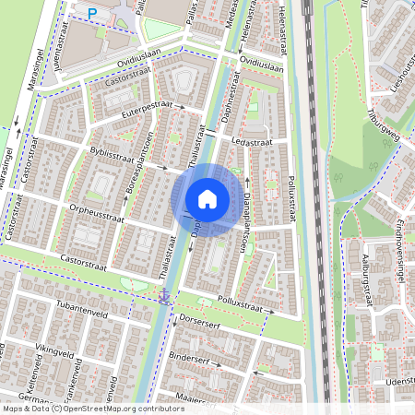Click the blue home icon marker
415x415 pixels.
pos(207,199)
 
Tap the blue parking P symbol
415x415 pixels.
pos(92,12)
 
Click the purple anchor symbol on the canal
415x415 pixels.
pos(164,294)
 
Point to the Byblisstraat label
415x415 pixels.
pos(110,154)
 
